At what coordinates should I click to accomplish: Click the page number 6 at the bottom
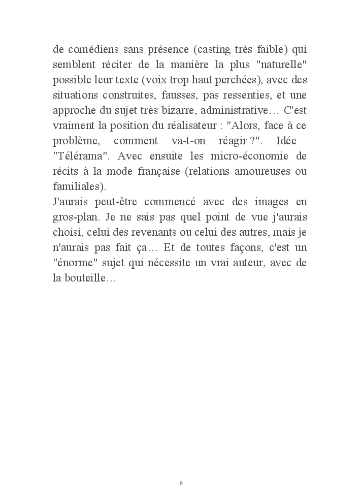181,483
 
